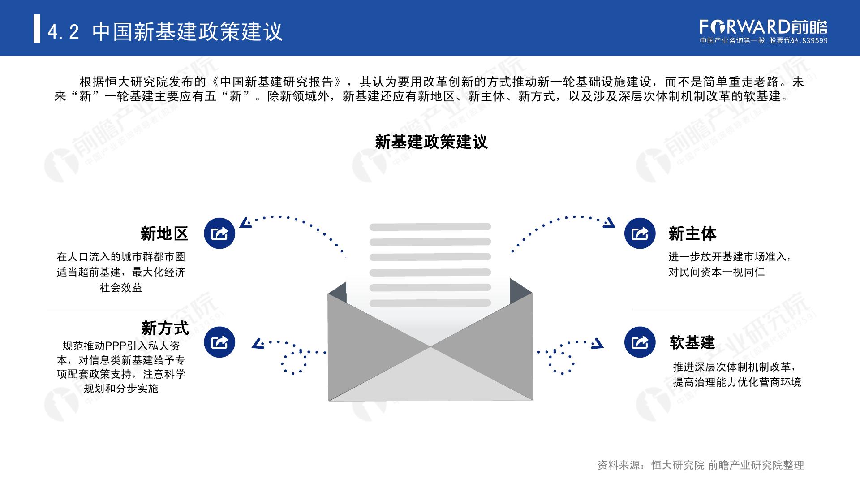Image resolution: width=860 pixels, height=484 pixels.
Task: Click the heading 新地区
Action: pos(164,233)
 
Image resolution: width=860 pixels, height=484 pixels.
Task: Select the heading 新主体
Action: pos(692,233)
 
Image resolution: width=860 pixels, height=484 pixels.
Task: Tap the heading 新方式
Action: pos(165,328)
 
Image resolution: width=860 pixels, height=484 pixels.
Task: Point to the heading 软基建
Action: pos(692,343)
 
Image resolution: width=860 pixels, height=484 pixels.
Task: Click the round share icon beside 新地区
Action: pos(219,233)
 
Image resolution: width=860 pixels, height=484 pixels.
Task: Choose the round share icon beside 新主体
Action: pos(640,233)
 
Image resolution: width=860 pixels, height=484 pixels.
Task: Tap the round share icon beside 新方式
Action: pos(219,342)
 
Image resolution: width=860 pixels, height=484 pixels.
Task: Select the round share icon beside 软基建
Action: pos(640,342)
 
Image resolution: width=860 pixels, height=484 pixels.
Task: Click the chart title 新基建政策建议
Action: pos(431,142)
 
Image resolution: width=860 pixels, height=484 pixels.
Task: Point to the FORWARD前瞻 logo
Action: pos(763,27)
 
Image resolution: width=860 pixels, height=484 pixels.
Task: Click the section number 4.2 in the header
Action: pos(63,32)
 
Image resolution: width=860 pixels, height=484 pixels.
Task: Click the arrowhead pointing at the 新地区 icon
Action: pos(245,223)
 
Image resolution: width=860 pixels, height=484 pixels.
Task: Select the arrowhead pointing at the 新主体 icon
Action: pos(609,223)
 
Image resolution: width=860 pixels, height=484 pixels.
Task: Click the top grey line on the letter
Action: pos(430,227)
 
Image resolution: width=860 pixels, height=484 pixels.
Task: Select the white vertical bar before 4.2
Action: pos(37,29)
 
